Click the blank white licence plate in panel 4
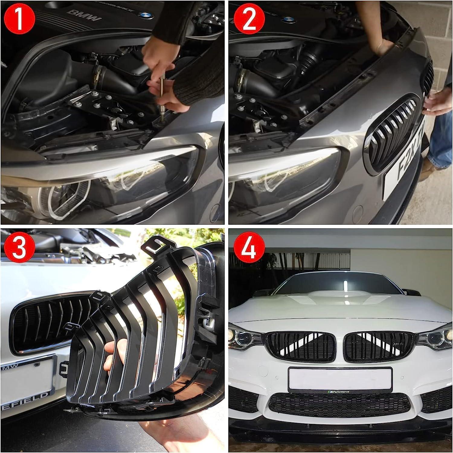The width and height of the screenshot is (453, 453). point(340,377)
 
